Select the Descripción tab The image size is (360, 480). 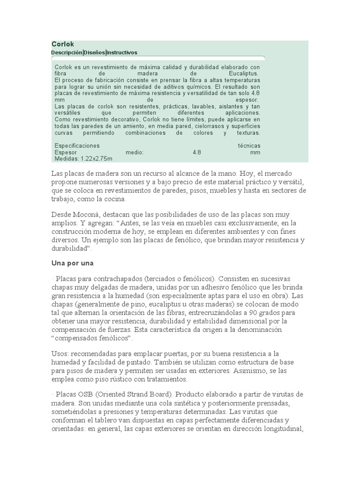(67, 52)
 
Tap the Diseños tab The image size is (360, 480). (94, 52)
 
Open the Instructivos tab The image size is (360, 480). (122, 52)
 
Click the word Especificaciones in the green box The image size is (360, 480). (77, 146)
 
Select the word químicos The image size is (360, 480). (199, 87)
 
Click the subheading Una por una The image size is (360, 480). (73, 263)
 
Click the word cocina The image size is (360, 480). (114, 199)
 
